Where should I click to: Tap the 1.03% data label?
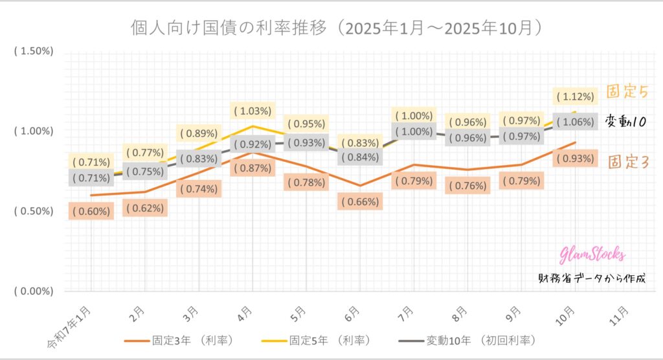coord(254,111)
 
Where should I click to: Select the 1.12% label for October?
coord(574,96)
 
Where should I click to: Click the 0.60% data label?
coord(92,210)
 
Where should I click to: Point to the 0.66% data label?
coord(360,201)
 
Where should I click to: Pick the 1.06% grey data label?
coord(574,122)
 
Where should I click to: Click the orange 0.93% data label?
coord(574,159)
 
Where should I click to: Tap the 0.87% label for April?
coord(254,168)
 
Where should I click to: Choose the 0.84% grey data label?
coord(360,157)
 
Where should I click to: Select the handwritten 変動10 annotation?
coord(627,122)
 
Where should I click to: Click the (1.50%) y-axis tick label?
coord(34,51)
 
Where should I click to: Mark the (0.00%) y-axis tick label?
coord(34,291)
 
